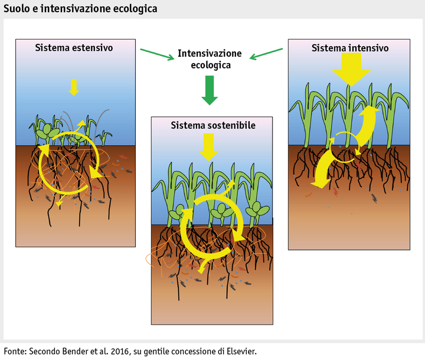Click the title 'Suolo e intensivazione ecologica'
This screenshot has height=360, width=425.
coord(80,8)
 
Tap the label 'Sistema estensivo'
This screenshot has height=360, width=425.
coord(74,47)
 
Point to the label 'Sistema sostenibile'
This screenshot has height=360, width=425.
coord(205,126)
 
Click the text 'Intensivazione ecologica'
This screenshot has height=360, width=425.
coord(210,59)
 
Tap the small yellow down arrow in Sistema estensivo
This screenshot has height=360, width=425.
coord(73,87)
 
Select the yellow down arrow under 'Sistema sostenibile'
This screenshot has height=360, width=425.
coord(208,146)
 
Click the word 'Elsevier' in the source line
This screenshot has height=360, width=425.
coord(240,351)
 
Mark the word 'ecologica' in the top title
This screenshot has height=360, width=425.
coord(134,8)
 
